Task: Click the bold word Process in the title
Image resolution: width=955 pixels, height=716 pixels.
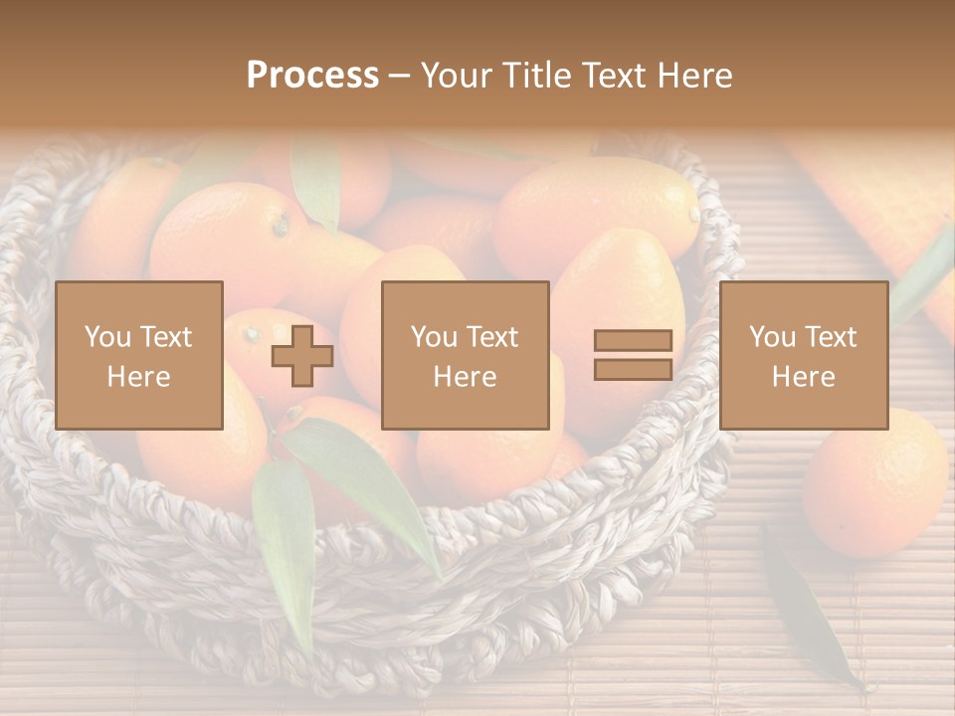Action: tap(312, 76)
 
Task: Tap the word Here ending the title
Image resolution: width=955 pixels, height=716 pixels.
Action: tap(692, 76)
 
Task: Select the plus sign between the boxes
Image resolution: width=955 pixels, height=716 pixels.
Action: tap(302, 356)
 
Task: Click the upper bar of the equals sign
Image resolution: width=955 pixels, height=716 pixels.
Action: tap(633, 341)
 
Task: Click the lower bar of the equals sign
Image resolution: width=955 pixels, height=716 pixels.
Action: tap(633, 370)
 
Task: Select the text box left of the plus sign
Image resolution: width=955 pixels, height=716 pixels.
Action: tap(139, 355)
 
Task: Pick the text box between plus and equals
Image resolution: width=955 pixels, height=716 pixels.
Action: tap(466, 355)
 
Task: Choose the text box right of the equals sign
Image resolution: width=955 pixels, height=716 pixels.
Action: tap(804, 355)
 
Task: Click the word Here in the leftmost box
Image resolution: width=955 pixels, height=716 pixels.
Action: tap(139, 377)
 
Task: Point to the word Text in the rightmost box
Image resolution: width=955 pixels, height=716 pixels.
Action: tap(833, 337)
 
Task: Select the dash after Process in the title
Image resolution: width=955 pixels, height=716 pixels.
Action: tap(400, 77)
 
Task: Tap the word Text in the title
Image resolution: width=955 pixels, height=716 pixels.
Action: tap(611, 76)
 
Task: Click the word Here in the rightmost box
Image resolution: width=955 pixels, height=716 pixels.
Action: tap(804, 377)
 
